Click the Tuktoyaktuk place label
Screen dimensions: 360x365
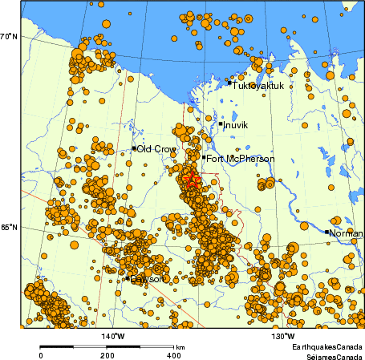[x=261, y=83]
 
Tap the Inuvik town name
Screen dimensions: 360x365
[x=237, y=125]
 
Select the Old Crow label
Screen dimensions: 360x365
[x=156, y=149]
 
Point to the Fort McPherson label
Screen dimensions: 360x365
[x=241, y=159]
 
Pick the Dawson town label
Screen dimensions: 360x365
[x=147, y=279]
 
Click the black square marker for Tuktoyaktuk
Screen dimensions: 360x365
[x=229, y=83]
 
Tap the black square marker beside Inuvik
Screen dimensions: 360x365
[x=221, y=123]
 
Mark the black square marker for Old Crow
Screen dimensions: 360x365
[x=134, y=148]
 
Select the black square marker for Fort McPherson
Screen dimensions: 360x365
[x=204, y=158]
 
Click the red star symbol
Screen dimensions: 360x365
[x=191, y=180]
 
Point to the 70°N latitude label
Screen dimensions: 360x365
[x=8, y=36]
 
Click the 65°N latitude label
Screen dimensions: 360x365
[x=8, y=228]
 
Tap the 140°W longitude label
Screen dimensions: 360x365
[x=112, y=336]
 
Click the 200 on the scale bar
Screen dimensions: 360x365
[x=107, y=354]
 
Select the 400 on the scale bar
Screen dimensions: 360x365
[x=172, y=354]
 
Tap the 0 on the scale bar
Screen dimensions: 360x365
[x=41, y=354]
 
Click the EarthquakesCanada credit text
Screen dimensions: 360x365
[x=326, y=346]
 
